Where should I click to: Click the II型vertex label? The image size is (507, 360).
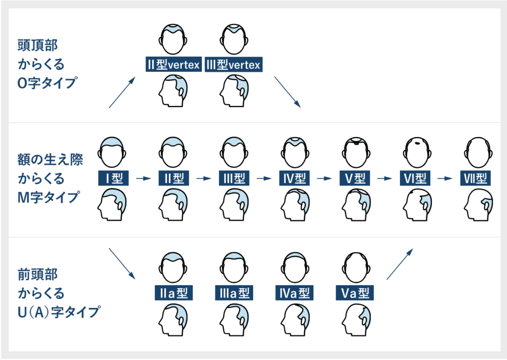174,64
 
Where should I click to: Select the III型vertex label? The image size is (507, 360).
234,64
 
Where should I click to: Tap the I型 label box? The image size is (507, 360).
113,178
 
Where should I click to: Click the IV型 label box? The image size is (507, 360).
294,178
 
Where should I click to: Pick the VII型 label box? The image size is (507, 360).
475,178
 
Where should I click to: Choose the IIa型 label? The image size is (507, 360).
174,293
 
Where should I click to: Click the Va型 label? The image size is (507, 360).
355,293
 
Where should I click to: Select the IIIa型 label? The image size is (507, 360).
234,293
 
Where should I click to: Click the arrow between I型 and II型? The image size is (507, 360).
144,178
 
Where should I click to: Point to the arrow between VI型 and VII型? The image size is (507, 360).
445,178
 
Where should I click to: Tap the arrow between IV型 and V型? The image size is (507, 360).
324,178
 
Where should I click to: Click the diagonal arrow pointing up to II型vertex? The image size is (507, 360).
122,93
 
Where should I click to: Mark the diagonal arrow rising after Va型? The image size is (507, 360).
400,263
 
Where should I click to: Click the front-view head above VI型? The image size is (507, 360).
417,152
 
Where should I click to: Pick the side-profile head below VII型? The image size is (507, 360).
478,205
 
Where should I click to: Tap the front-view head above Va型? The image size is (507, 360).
355,267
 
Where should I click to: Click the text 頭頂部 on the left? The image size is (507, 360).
38,45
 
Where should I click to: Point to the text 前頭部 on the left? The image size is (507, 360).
38,274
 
